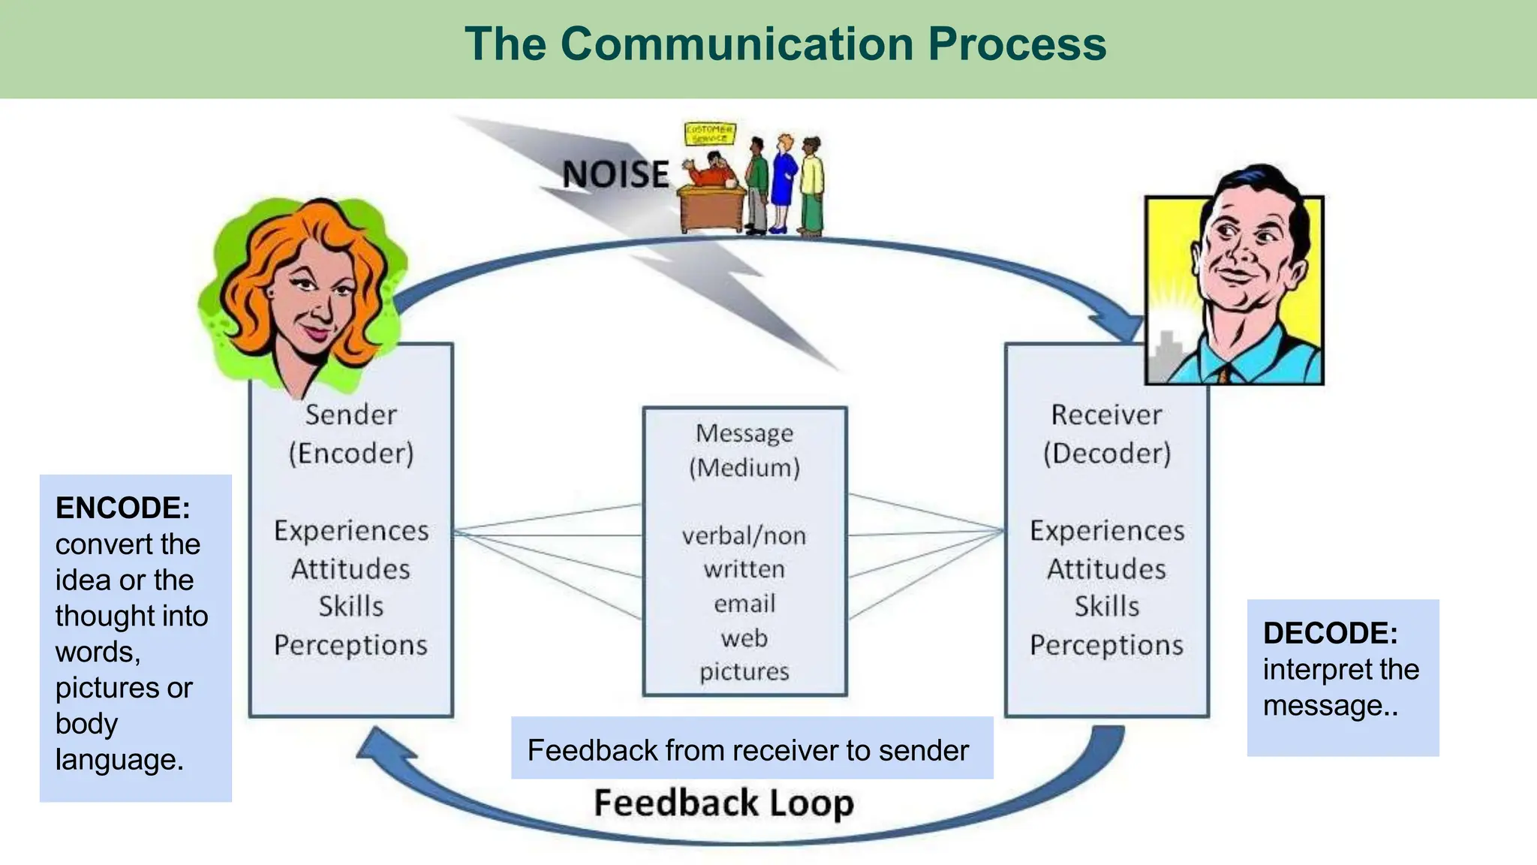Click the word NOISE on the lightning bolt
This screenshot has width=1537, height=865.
615,174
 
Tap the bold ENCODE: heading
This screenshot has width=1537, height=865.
122,508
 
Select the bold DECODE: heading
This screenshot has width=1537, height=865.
1330,633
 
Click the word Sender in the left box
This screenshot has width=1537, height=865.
350,414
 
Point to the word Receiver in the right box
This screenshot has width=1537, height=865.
1106,414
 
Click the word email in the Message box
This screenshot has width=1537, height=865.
744,604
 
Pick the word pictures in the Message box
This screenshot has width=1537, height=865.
744,671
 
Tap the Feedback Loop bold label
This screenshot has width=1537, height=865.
723,803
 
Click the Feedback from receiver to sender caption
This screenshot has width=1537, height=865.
747,750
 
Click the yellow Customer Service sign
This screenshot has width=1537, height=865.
709,134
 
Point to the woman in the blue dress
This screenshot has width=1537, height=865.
783,180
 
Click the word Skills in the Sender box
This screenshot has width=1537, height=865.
350,606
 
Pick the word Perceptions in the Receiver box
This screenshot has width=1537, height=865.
1106,645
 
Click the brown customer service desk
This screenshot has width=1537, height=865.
711,210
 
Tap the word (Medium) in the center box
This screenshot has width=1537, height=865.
744,468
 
